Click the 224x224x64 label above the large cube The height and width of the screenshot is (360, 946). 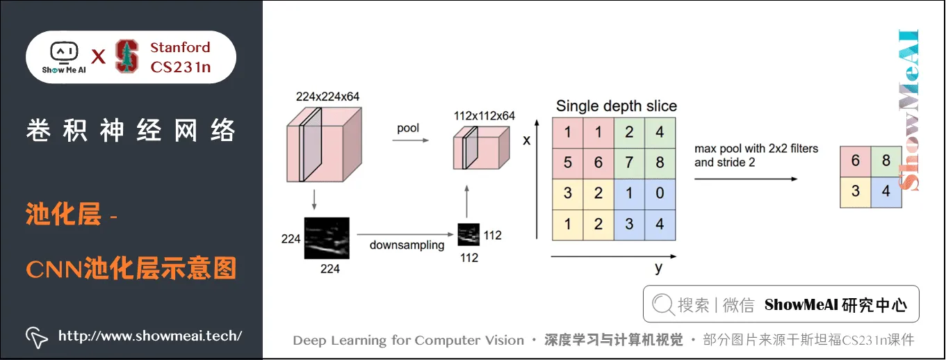point(327,97)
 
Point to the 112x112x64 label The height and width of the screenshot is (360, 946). point(484,116)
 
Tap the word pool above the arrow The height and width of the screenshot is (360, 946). point(408,128)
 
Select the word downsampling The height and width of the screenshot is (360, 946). point(407,245)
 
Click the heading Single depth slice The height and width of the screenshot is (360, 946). point(616,106)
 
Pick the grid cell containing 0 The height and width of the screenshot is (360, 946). point(660,193)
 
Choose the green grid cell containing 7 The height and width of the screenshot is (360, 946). point(629,163)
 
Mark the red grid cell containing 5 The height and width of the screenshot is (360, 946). point(568,163)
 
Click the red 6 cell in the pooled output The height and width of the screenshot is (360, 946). point(855,161)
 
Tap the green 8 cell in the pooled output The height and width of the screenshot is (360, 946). point(886,161)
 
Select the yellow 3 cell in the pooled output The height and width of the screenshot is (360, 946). point(855,191)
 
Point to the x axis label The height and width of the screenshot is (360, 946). point(526,140)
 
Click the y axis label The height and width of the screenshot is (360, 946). point(658,268)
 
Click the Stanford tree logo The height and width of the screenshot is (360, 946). point(127,56)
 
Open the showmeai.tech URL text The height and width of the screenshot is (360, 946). point(149,336)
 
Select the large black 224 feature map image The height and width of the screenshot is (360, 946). point(326,238)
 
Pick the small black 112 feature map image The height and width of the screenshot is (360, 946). point(468,234)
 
